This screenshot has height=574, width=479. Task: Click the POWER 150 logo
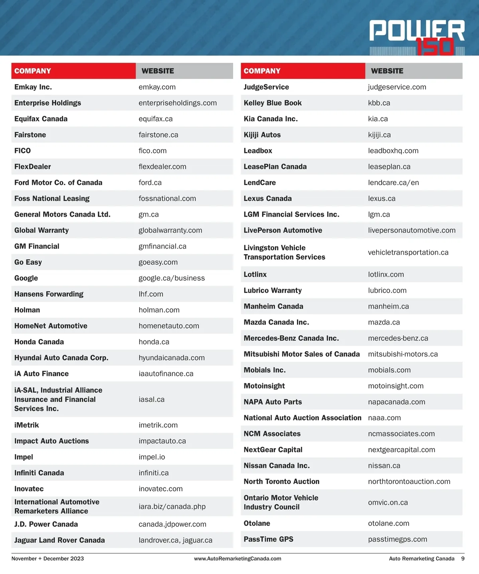[417, 37]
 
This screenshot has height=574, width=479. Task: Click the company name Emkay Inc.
[33, 87]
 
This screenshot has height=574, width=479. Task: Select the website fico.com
[152, 151]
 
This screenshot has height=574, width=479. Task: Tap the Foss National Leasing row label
[52, 199]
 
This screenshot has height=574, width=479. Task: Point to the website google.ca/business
[172, 278]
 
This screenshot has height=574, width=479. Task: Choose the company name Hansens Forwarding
[49, 294]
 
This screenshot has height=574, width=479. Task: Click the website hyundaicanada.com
[172, 358]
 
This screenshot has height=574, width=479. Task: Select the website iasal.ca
[151, 399]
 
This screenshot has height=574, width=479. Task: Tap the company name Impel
[24, 457]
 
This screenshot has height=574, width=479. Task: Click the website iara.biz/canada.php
[172, 506]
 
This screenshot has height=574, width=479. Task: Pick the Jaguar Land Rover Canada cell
[59, 540]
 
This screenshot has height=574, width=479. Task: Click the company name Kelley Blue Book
[273, 103]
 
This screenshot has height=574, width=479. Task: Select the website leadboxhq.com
[393, 151]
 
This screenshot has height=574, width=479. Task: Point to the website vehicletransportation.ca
[408, 252]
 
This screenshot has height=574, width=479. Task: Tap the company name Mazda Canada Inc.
[276, 322]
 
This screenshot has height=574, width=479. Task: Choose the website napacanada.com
[396, 402]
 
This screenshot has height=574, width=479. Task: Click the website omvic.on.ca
[388, 502]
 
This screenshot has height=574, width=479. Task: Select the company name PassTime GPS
[268, 539]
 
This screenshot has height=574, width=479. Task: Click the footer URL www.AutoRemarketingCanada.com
[238, 558]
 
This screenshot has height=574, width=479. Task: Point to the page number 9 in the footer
[463, 558]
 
